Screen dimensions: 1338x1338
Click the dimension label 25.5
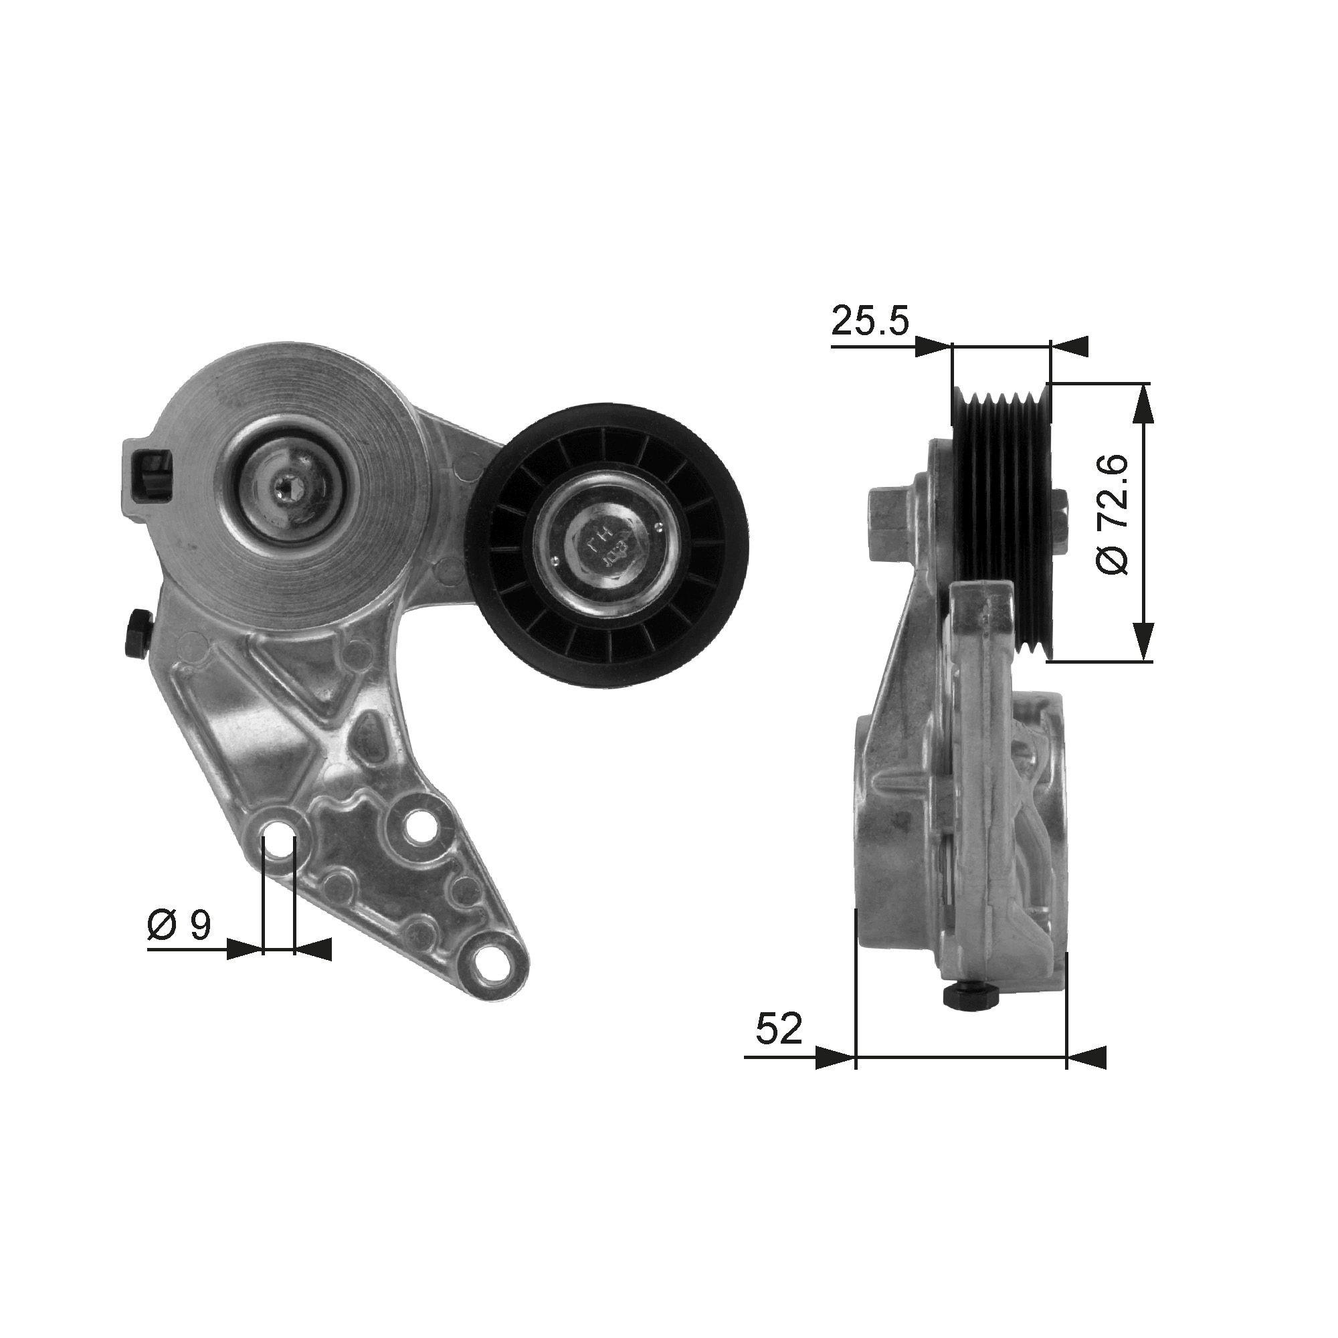[x=869, y=320]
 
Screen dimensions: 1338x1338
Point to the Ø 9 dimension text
[x=179, y=925]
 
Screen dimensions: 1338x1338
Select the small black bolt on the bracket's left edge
[x=137, y=633]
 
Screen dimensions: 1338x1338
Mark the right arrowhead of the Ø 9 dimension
[x=314, y=949]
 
